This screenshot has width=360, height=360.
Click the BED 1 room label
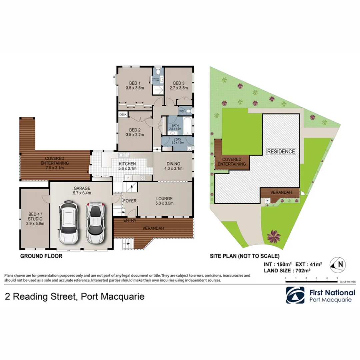tap(135, 86)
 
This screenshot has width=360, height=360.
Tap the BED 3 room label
tap(178, 86)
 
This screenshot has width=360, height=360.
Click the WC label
tap(181, 111)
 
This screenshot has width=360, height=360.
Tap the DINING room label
tap(173, 166)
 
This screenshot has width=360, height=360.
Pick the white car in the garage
tap(68, 222)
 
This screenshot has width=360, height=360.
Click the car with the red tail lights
tap(95, 223)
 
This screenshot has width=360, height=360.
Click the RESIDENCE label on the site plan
tap(281, 151)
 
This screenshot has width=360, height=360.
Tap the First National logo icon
tap(295, 295)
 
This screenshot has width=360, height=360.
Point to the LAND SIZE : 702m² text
tap(287, 271)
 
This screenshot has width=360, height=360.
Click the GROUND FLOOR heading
tap(41, 256)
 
